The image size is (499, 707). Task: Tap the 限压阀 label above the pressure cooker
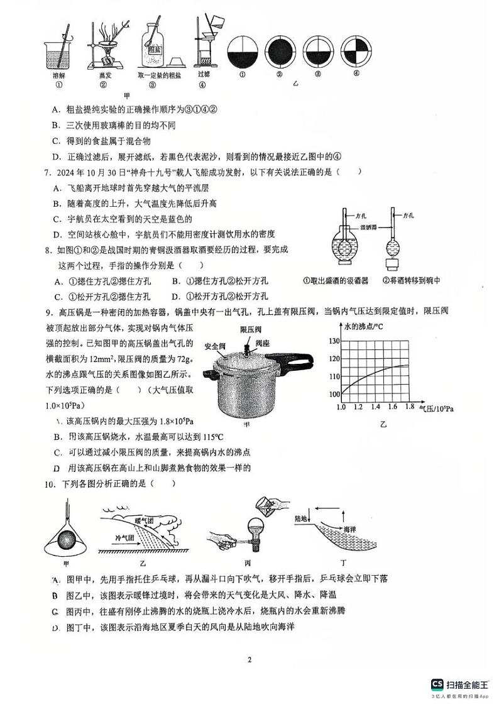click(250, 329)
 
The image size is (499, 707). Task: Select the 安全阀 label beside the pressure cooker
click(216, 346)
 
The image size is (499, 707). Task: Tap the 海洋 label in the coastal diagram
click(349, 529)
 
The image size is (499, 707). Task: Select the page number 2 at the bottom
click(249, 659)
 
